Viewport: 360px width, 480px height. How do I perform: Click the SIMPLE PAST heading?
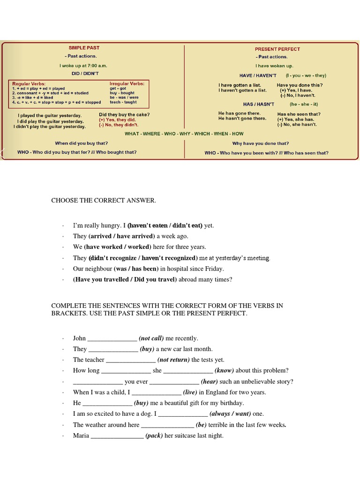[x=84, y=48]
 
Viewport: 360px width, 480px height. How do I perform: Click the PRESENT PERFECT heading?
[x=277, y=49]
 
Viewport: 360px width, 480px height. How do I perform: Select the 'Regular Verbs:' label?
[x=29, y=83]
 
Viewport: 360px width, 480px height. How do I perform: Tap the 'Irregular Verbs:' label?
[x=127, y=83]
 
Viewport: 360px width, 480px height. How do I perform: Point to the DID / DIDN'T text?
[x=85, y=74]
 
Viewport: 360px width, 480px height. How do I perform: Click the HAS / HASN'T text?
[x=258, y=104]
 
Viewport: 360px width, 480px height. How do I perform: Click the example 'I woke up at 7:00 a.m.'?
[x=83, y=66]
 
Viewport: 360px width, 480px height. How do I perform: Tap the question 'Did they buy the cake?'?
[x=124, y=115]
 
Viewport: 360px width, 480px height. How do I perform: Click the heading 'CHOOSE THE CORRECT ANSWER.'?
[x=104, y=201]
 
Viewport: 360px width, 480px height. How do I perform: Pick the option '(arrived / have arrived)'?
[x=121, y=236]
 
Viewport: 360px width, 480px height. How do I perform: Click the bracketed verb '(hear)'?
[x=209, y=382]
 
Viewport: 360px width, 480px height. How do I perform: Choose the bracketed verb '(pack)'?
[x=154, y=436]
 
